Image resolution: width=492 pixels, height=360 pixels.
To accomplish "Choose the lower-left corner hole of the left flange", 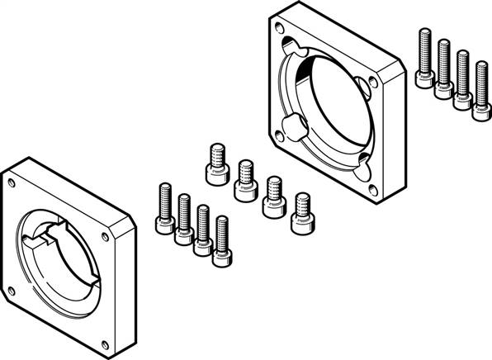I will click(12, 290).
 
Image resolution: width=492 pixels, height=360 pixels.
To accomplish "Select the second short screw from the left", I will click(244, 178).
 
